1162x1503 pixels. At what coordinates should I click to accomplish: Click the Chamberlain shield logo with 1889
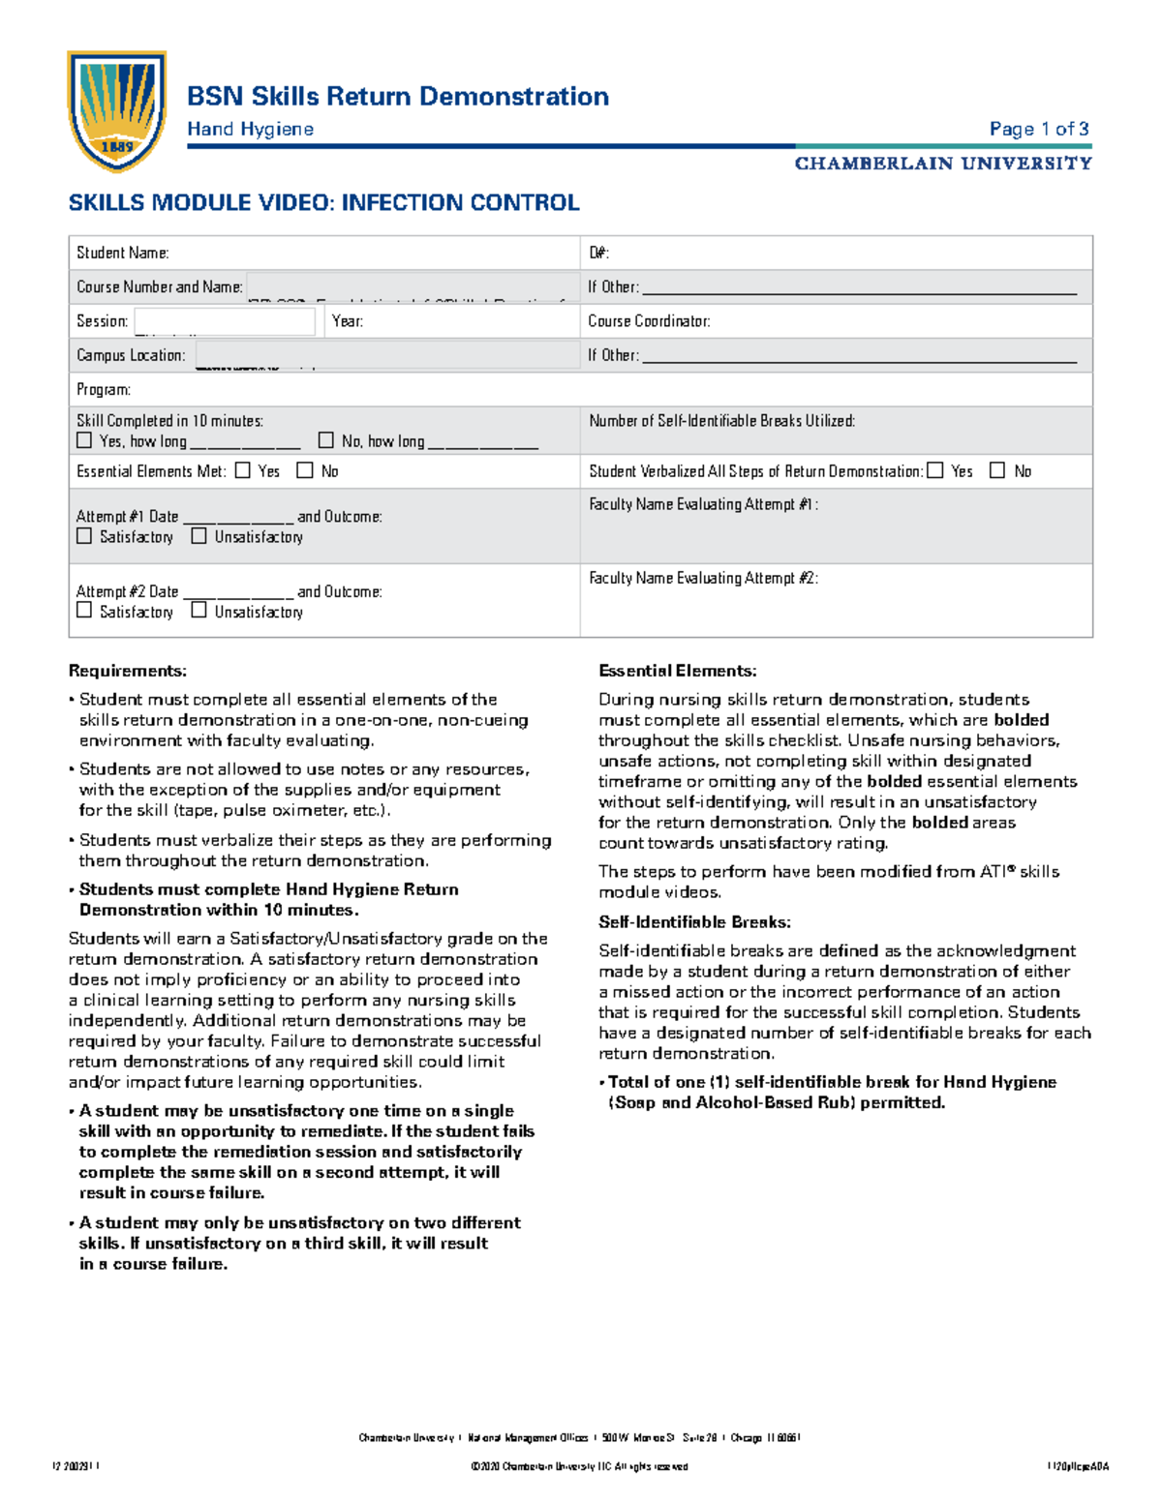click(x=116, y=110)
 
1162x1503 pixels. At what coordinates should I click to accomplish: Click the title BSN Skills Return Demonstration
click(x=397, y=97)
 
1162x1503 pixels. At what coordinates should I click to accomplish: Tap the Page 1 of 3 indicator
click(x=1038, y=129)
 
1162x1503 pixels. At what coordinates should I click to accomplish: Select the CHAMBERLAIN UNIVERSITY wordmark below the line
click(x=942, y=164)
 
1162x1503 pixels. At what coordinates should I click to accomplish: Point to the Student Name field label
click(x=123, y=253)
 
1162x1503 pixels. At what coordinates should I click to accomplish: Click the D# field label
click(x=598, y=253)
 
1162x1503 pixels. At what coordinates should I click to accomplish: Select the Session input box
click(x=225, y=321)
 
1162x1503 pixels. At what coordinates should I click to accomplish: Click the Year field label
click(x=348, y=321)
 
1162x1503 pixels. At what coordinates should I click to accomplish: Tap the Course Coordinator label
click(x=649, y=321)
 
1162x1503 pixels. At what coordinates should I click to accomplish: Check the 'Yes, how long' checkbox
click(x=84, y=440)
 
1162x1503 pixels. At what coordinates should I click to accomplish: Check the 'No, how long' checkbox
click(x=326, y=440)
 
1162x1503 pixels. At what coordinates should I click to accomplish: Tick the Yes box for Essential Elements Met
click(x=243, y=470)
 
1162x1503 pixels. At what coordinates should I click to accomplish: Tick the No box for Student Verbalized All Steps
click(x=997, y=470)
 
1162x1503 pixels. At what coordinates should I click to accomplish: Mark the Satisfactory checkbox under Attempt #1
click(x=84, y=535)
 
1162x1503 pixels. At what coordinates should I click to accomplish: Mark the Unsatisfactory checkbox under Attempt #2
click(x=199, y=610)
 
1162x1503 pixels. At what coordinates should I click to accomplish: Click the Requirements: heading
click(x=128, y=671)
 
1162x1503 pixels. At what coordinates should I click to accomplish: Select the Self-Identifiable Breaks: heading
click(x=694, y=922)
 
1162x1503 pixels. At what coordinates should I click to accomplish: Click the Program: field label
click(x=104, y=390)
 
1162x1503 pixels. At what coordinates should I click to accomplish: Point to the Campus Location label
click(x=131, y=355)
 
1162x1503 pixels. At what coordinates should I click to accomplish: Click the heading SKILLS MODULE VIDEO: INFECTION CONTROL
click(x=323, y=202)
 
